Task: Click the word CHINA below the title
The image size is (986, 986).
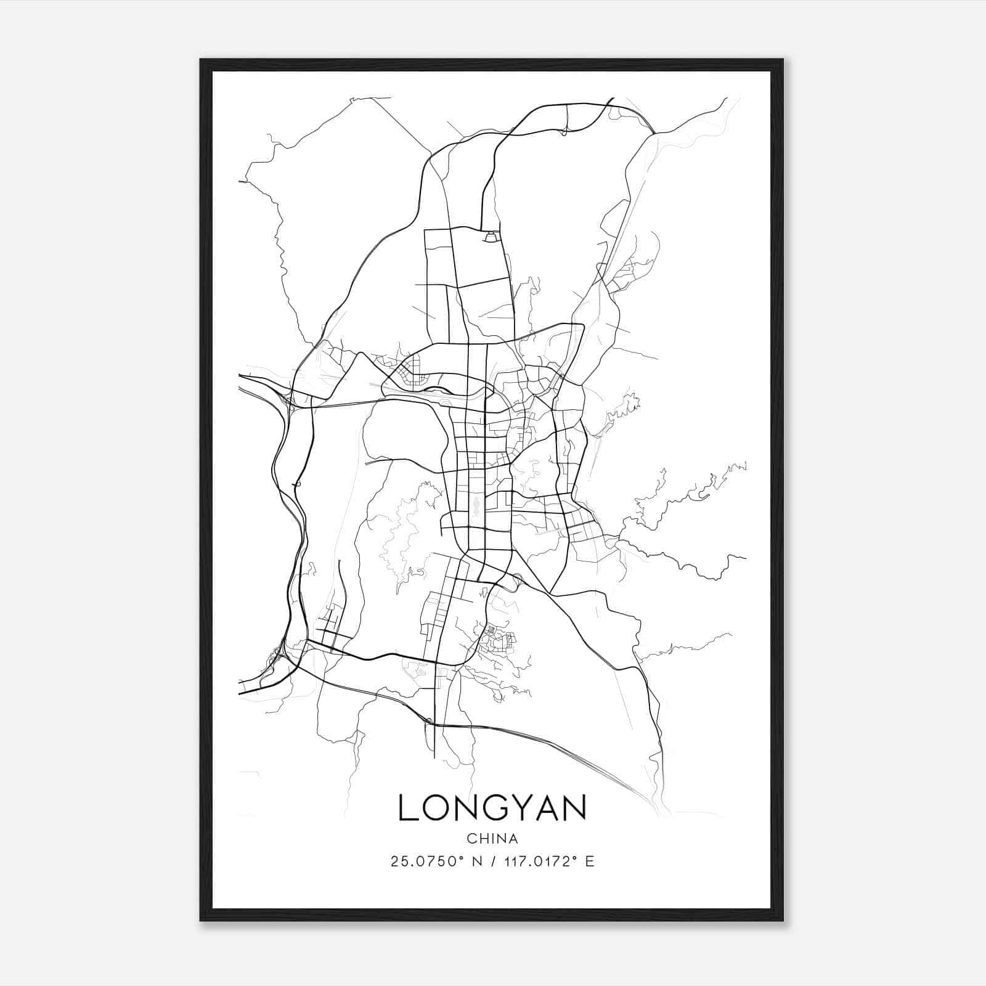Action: click(x=492, y=839)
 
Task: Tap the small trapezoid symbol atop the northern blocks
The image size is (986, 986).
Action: click(x=491, y=236)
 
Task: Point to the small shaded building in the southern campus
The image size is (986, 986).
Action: click(x=491, y=630)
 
